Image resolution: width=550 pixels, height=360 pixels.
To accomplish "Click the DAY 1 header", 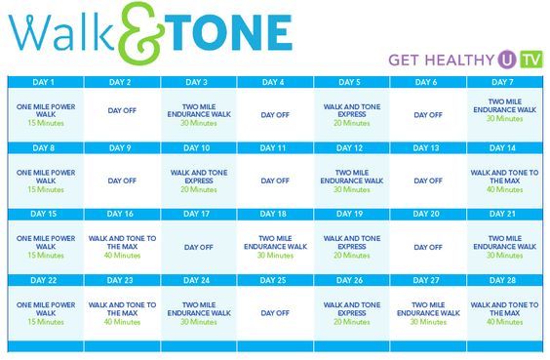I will pos(45,82).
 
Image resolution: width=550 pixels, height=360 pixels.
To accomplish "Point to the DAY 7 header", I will pos(504,82).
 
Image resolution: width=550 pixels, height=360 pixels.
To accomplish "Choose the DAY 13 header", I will pos(427,147).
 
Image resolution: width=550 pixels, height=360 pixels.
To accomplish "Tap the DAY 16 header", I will pos(122,213).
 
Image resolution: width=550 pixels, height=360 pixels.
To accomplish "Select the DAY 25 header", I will pos(275,279).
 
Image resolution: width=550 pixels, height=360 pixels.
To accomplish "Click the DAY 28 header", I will pos(504,279).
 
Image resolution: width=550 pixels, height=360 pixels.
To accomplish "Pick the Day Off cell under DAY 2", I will pos(122,114).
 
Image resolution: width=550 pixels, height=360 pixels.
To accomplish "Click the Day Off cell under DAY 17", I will pos(198,247).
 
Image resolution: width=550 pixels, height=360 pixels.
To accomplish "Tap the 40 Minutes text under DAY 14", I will pos(504,189).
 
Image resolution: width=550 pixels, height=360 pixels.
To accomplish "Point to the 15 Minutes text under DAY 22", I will pos(45,321).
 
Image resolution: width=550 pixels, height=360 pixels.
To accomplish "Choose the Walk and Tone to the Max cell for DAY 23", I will pos(122,310).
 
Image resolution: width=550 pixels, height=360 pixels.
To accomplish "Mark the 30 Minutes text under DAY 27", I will pos(427,321).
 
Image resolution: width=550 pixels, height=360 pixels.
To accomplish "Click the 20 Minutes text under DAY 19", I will pos(351,256).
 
